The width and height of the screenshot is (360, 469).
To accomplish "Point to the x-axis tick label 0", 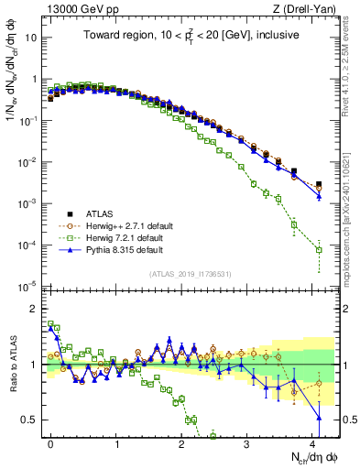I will click(51, 442).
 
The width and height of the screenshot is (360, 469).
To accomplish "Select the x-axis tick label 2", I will click(182, 442).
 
